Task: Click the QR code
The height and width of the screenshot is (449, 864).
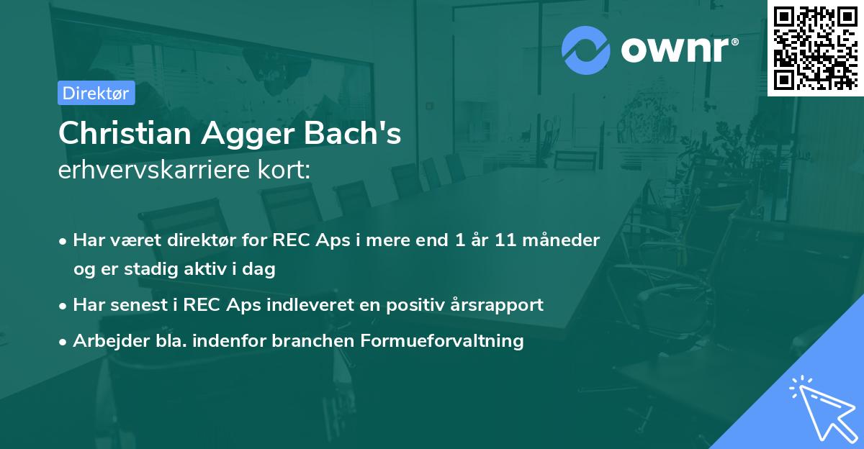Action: (x=815, y=47)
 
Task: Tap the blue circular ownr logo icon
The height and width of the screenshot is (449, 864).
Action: (x=586, y=49)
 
